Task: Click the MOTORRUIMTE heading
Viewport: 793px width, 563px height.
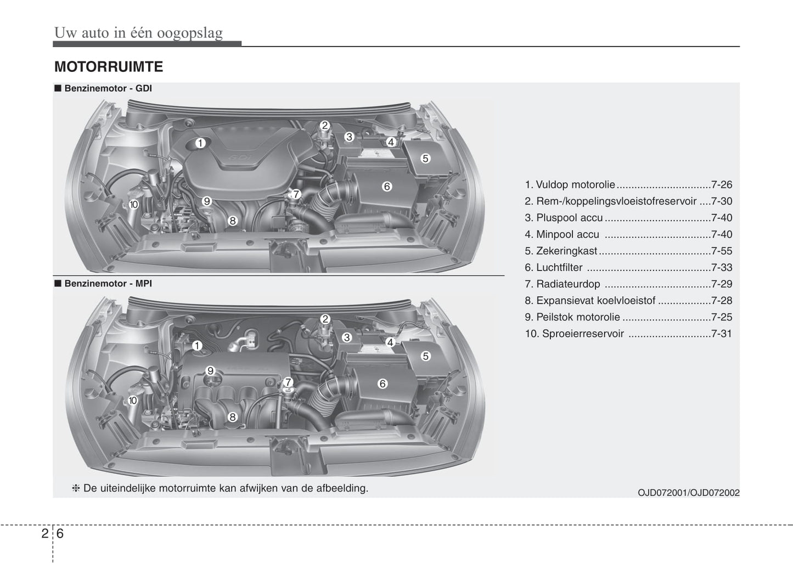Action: (x=109, y=67)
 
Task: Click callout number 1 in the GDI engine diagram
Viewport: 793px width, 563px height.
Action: (x=200, y=143)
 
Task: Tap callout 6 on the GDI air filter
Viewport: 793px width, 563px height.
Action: (x=387, y=187)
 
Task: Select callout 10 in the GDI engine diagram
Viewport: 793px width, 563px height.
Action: (x=133, y=205)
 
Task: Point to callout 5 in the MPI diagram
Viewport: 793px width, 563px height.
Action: (x=425, y=356)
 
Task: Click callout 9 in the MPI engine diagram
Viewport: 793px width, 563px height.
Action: (x=210, y=371)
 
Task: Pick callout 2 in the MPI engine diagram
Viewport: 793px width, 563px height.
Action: (x=325, y=319)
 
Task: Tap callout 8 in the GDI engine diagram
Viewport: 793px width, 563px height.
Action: (x=233, y=221)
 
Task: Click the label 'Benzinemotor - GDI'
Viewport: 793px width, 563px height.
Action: (x=108, y=88)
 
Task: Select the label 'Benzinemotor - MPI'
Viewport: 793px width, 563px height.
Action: (x=108, y=284)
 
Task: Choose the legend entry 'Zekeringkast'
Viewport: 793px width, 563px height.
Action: (x=566, y=251)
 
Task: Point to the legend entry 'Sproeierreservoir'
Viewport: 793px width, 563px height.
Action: (x=582, y=334)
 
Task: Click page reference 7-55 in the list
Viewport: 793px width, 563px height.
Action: (x=721, y=251)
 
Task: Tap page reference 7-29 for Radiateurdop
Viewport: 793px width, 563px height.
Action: (x=721, y=284)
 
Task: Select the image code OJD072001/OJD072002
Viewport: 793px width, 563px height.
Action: (x=688, y=493)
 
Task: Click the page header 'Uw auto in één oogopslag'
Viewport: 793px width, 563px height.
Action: (x=138, y=33)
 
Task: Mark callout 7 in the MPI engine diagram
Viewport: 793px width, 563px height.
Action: (x=288, y=382)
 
